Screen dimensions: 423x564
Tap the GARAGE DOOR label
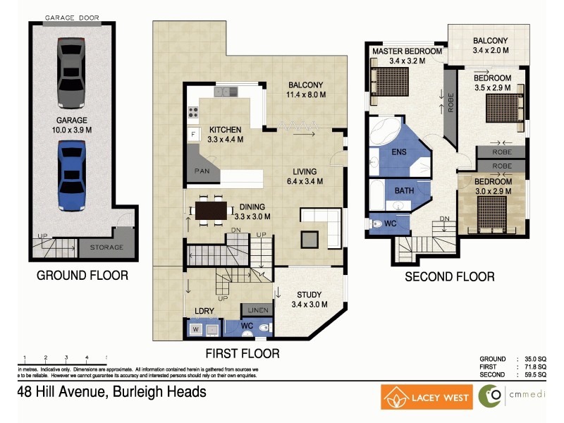[72, 17]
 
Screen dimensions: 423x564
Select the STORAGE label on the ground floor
[106, 247]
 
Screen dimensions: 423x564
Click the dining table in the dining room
[210, 210]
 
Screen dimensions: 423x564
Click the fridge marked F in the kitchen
[192, 134]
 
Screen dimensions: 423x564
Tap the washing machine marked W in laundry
[195, 329]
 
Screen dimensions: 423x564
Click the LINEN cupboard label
[255, 310]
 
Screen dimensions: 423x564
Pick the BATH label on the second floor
[404, 190]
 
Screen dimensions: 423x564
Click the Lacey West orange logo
[427, 397]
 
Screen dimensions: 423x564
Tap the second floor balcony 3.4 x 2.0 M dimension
[490, 51]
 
